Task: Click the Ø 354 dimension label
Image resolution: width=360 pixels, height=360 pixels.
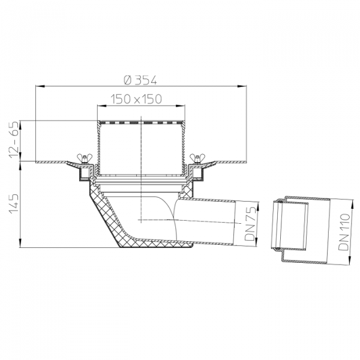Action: pyautogui.click(x=140, y=80)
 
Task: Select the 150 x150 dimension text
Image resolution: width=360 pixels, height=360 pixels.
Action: pyautogui.click(x=136, y=99)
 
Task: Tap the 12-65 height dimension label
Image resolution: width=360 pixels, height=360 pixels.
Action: pyautogui.click(x=14, y=140)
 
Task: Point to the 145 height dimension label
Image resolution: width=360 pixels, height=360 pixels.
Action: pyautogui.click(x=14, y=204)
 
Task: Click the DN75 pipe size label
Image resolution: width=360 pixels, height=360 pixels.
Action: pyautogui.click(x=250, y=223)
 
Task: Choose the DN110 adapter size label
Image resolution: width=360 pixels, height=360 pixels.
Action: pyautogui.click(x=344, y=232)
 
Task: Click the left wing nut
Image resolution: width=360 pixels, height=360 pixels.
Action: pyautogui.click(x=84, y=158)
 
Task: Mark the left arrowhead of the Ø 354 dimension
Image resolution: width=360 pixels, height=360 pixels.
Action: pyautogui.click(x=39, y=86)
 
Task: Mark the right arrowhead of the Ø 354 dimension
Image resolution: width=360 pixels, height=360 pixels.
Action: pyautogui.click(x=242, y=86)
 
